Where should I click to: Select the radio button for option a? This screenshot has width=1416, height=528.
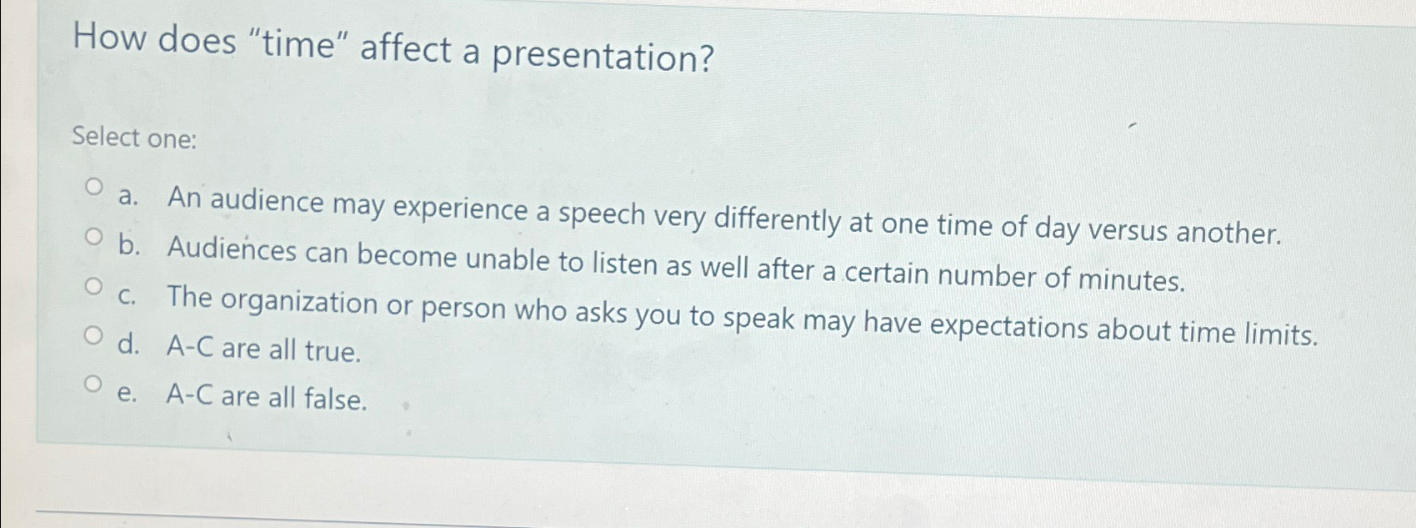[x=95, y=186]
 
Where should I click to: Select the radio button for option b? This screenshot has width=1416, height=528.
[x=95, y=238]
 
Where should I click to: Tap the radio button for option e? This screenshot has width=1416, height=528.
[x=95, y=385]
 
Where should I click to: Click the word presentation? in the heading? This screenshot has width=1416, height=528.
[x=603, y=56]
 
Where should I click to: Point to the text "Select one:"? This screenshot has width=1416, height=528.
[x=134, y=138]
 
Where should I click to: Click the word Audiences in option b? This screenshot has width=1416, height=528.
[x=232, y=249]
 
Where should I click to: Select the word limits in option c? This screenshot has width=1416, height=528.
[x=1280, y=335]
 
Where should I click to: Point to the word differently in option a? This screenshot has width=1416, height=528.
[x=778, y=220]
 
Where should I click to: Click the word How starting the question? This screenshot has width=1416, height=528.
[x=109, y=38]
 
